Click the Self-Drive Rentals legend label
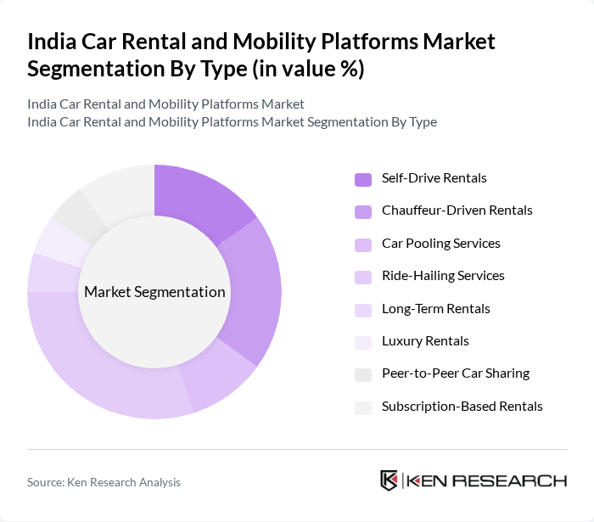tap(434, 178)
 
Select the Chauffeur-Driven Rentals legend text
tap(457, 210)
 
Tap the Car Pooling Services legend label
tap(440, 244)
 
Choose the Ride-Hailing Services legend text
tap(443, 276)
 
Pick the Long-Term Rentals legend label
tap(435, 309)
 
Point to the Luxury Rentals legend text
tap(425, 341)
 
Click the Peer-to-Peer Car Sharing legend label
tap(455, 373)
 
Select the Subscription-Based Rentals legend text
tap(462, 407)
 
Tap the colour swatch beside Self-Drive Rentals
tap(363, 179)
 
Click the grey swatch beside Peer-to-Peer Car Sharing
tap(363, 374)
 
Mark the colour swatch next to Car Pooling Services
tap(363, 244)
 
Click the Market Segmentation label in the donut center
tap(154, 292)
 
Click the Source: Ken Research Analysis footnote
tap(104, 482)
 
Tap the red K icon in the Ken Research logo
tap(389, 480)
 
